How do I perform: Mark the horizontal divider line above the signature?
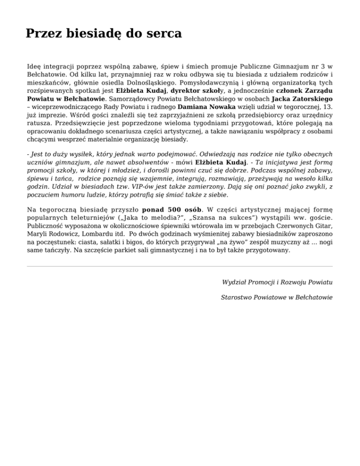180,266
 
